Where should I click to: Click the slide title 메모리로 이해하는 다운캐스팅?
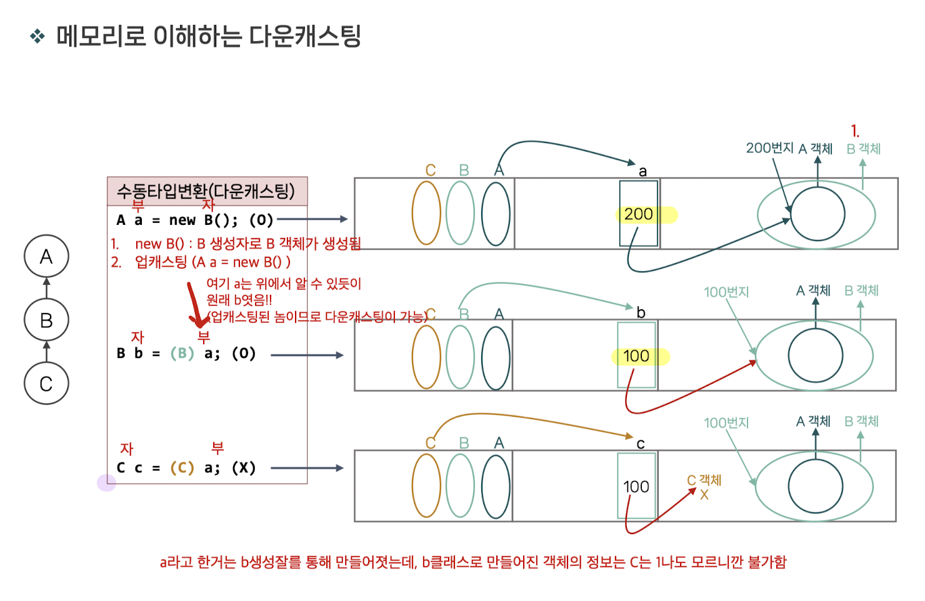pos(208,36)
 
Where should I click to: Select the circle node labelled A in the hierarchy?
pos(46,257)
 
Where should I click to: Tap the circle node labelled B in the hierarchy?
pos(46,320)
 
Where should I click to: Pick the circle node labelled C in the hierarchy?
pos(46,384)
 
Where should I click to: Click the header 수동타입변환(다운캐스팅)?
pos(206,191)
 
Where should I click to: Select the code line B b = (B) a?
pos(186,354)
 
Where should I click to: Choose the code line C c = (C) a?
pos(186,468)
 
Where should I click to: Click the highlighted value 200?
pos(639,214)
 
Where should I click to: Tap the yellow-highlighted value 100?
pos(636,356)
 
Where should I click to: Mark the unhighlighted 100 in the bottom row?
pos(636,487)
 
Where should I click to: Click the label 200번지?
pos(769,148)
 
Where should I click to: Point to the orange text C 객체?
pos(704,480)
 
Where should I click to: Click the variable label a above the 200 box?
pos(642,171)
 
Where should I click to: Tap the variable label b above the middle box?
pos(641,312)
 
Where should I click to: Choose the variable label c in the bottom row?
pos(641,444)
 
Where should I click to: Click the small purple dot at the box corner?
pos(107,482)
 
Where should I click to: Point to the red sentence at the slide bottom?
pos(473,562)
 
